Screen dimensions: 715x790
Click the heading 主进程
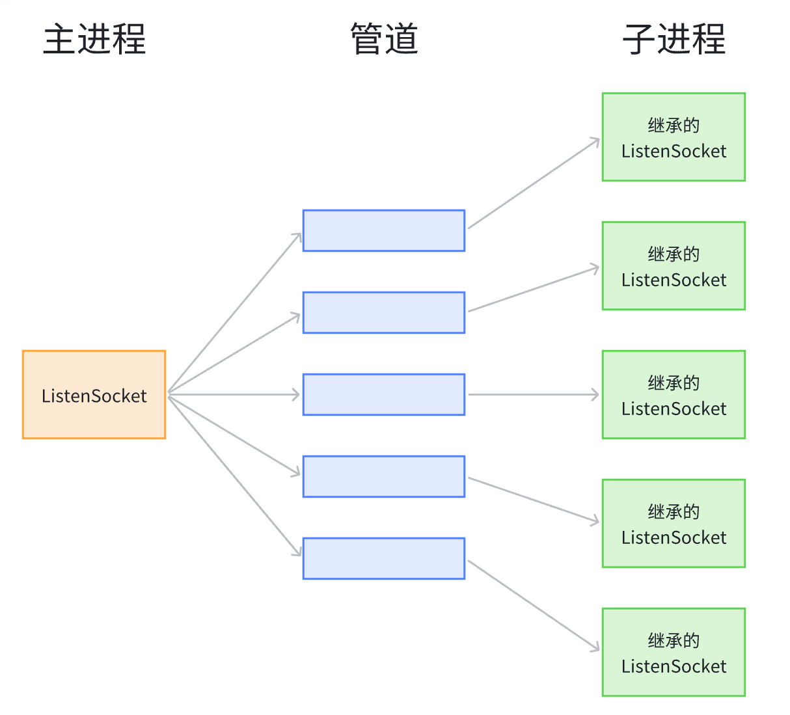94,39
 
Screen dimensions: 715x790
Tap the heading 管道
384,39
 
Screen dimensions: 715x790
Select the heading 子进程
674,39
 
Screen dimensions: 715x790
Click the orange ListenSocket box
94,395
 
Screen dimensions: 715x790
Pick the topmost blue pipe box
384,230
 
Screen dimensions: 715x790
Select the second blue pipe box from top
384,312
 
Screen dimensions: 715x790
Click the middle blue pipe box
384,394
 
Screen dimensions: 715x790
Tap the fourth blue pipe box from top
384,476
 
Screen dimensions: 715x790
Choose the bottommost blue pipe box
384,558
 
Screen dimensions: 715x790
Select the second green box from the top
674,265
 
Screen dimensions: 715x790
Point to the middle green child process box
674,394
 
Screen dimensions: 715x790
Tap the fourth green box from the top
674,523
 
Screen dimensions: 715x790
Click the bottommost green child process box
674,652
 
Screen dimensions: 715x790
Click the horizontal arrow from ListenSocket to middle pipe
234,394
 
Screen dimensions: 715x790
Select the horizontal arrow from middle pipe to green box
534,394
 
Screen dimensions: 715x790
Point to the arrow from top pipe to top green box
534,183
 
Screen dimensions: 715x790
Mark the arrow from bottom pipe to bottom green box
534,605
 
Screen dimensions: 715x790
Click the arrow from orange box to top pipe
234,313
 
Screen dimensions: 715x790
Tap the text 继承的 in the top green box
674,125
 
